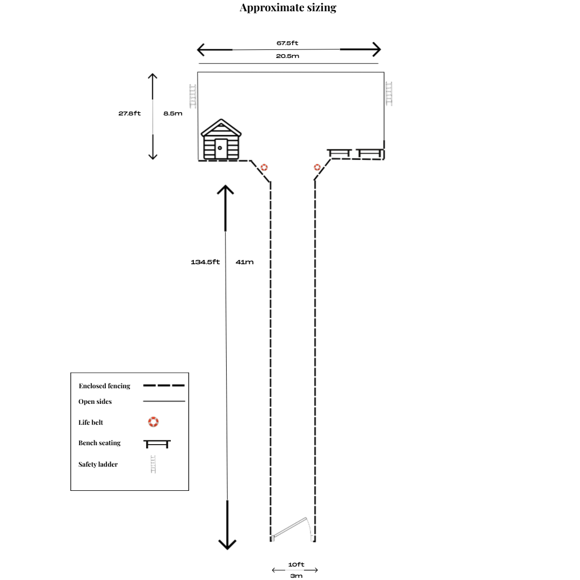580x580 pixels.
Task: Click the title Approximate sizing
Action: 288,8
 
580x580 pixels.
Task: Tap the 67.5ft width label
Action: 287,43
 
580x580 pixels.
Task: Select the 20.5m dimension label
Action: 287,56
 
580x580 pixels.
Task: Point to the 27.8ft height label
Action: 129,113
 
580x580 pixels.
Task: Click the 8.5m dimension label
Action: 173,113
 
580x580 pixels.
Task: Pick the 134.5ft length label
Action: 205,262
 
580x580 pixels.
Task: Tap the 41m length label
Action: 244,262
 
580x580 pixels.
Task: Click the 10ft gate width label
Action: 296,564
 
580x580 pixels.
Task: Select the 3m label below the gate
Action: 296,576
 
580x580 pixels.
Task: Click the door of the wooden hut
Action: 220,148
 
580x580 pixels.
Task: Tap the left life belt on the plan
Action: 264,168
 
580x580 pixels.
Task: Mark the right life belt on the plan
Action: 317,168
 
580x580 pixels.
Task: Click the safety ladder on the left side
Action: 192,96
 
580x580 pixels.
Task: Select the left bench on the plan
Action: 339,154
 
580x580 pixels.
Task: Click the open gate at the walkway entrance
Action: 291,528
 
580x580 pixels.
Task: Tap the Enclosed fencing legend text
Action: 104,386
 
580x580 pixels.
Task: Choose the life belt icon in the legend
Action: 154,422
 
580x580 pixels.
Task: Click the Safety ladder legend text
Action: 98,464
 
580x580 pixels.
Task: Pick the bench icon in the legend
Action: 157,444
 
